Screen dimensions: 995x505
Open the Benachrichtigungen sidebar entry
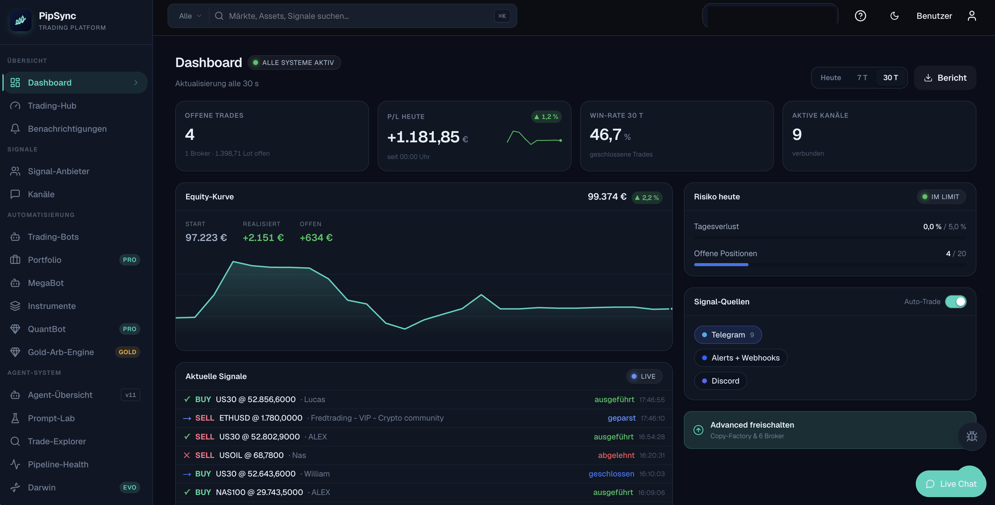pos(67,129)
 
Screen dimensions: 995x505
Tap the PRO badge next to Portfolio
pos(129,260)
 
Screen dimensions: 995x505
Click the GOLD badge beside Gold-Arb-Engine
pos(127,352)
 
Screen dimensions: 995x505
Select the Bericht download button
pos(945,78)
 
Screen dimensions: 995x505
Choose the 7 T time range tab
pos(862,78)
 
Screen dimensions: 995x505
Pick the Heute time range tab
pos(830,78)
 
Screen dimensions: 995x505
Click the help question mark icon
pos(860,16)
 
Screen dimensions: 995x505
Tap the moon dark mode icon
pos(894,16)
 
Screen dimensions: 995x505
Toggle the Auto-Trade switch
pos(955,302)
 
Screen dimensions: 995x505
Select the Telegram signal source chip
pos(728,335)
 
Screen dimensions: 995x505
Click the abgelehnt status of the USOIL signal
pos(616,455)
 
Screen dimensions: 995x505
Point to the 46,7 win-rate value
pos(605,135)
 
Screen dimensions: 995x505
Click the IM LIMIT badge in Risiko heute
pos(941,197)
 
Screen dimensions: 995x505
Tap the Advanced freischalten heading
pos(752,425)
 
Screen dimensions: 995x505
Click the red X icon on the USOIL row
pos(187,455)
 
